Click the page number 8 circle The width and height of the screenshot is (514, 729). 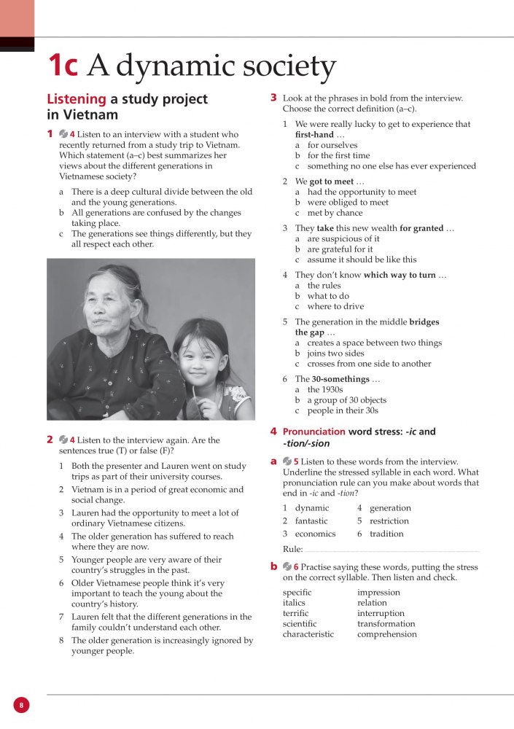[x=21, y=705]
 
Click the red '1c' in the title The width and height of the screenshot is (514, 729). [x=63, y=66]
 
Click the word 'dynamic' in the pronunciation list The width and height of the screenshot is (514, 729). [x=312, y=508]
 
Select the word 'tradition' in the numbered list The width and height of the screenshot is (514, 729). [x=386, y=534]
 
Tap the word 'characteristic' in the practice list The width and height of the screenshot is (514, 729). [x=308, y=634]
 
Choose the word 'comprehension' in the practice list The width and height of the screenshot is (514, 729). [x=387, y=634]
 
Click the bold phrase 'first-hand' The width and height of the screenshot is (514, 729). [x=314, y=135]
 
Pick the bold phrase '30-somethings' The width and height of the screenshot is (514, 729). [x=340, y=379]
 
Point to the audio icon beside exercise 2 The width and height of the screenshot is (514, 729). [x=63, y=440]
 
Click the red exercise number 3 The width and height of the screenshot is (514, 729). [x=273, y=97]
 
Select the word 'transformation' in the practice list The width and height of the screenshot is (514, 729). [x=386, y=624]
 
